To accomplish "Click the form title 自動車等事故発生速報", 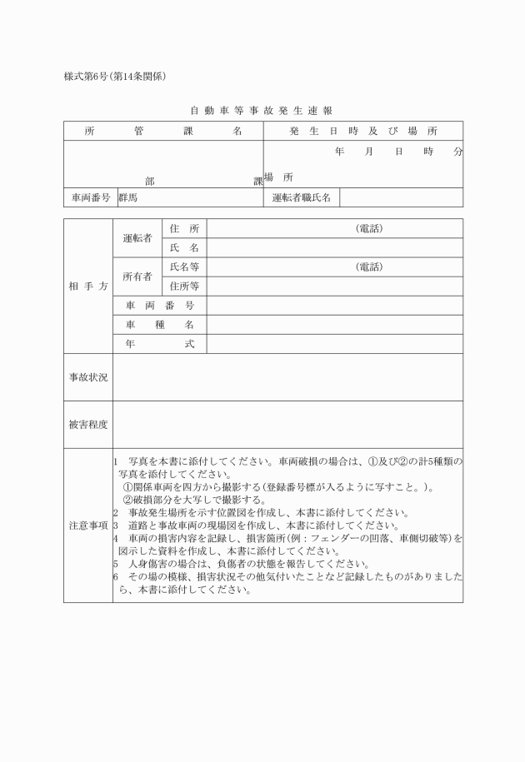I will click(x=262, y=110).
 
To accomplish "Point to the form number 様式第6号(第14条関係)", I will click(x=117, y=77).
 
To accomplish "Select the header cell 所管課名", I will click(x=163, y=131).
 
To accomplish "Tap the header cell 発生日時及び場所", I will click(x=363, y=131).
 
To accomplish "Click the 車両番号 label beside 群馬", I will click(x=89, y=198).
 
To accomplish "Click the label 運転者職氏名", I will click(x=302, y=198).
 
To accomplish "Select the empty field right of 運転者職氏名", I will click(x=401, y=198).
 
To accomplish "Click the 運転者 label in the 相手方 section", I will click(x=137, y=238).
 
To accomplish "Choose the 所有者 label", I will click(x=137, y=276).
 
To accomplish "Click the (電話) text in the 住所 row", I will click(x=369, y=228).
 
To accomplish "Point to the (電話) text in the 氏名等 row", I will click(x=369, y=266).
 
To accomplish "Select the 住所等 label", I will click(x=184, y=286).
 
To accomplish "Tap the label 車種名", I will click(x=160, y=324).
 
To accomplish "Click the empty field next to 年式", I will click(x=334, y=343).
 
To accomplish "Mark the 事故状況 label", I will click(x=88, y=376).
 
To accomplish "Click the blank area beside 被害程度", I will click(x=287, y=424).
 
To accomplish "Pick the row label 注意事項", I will click(x=88, y=525).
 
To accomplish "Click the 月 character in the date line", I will click(x=368, y=152).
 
